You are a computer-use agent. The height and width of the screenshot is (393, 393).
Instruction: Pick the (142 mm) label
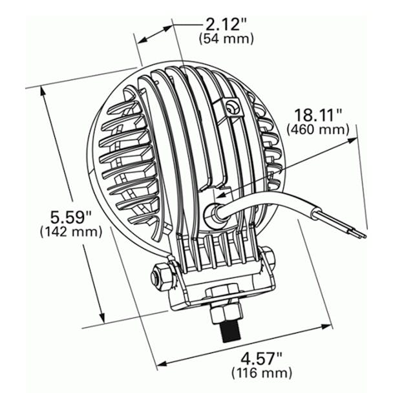70,230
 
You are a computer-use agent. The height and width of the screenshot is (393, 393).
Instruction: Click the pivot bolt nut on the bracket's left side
159,278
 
